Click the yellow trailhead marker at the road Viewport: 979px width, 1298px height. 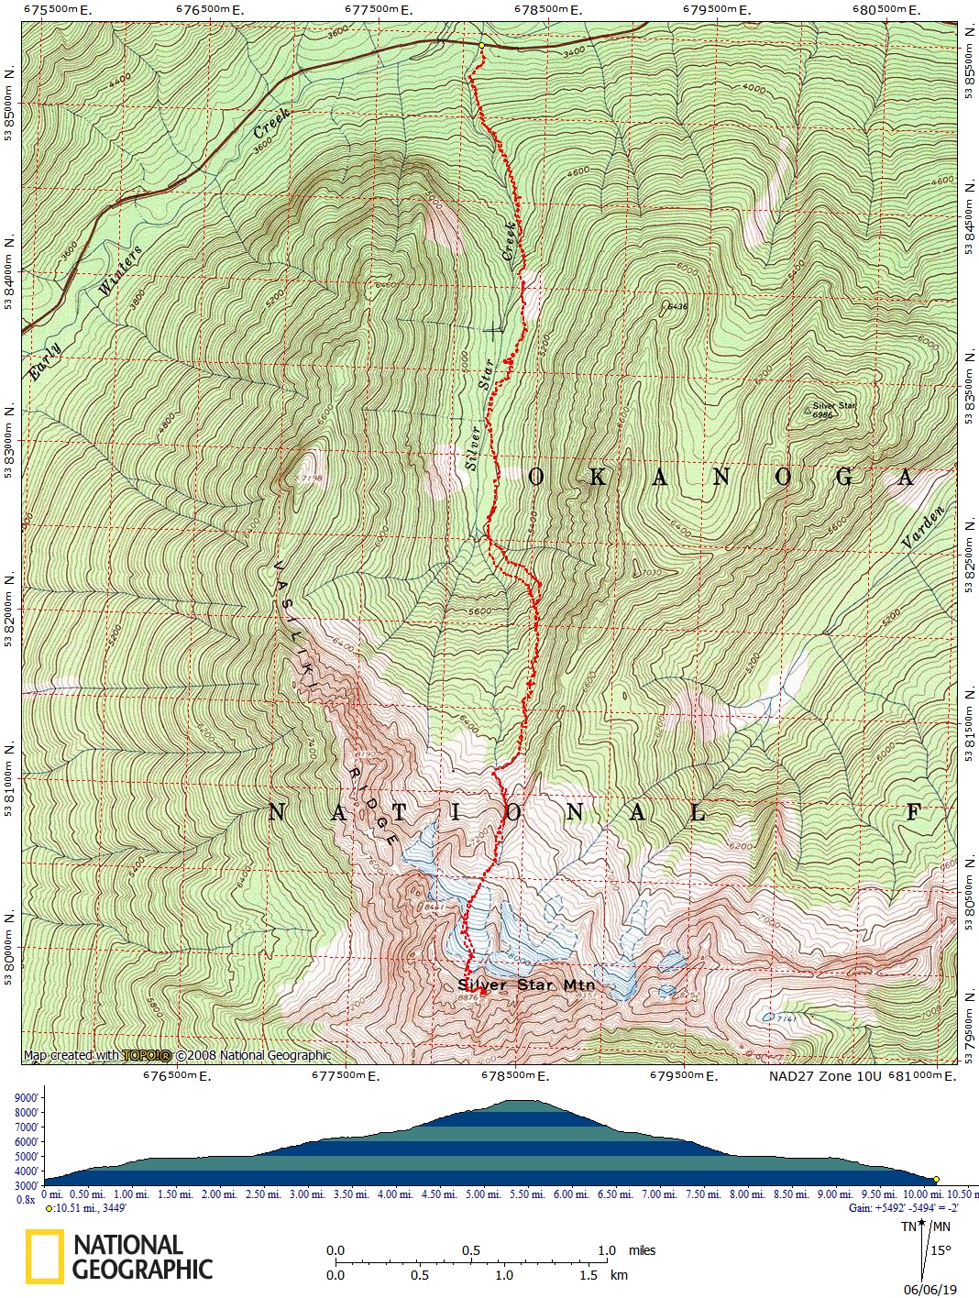tap(481, 45)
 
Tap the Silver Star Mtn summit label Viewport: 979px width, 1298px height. tap(526, 984)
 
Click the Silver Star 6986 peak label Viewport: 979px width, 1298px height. tap(834, 410)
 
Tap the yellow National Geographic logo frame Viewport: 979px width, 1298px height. tap(44, 1256)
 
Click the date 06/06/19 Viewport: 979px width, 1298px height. tap(929, 1289)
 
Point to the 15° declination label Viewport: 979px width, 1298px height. tap(940, 1249)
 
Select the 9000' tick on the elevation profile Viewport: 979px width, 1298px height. tap(26, 1098)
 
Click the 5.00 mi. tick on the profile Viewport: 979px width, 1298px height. tap(480, 1194)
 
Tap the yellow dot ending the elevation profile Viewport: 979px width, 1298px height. tap(936, 1179)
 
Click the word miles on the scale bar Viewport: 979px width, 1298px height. tap(643, 1250)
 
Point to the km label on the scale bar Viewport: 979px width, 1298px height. tap(619, 1274)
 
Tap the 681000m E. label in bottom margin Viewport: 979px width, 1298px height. tap(922, 1076)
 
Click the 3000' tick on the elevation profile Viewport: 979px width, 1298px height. tap(26, 1185)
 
